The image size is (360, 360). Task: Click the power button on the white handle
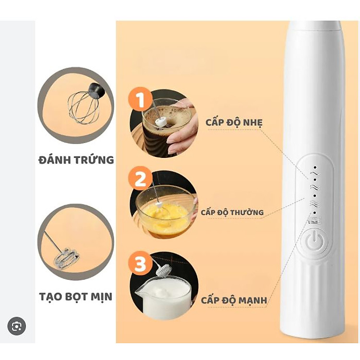[314, 241]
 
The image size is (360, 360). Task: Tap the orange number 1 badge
[141, 100]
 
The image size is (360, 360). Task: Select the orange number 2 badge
[141, 179]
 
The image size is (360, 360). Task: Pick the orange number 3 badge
[141, 264]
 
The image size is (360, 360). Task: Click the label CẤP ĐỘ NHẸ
[233, 122]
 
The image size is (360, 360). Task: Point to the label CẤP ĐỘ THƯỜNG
[232, 212]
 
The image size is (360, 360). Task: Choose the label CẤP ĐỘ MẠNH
[234, 300]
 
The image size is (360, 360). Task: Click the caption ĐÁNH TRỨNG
[76, 159]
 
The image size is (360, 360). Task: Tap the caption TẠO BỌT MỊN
[76, 296]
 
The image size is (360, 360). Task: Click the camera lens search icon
[16, 326]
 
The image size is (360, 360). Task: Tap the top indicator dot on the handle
[315, 168]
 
